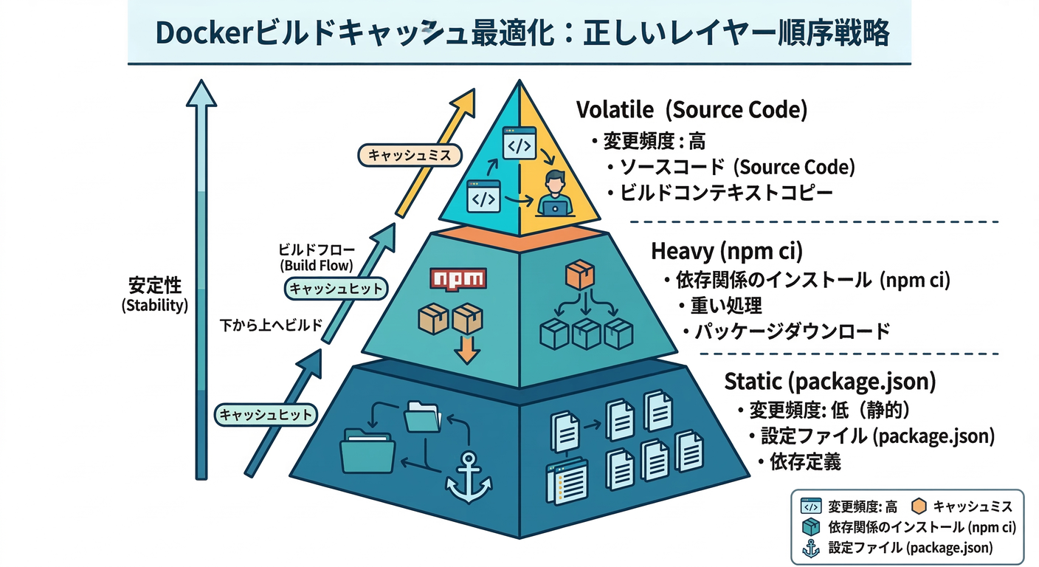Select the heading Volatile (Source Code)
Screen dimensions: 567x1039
pos(691,110)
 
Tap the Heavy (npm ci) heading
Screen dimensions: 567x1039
pos(726,251)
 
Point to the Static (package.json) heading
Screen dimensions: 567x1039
pos(830,381)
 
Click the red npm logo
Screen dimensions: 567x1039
pos(458,279)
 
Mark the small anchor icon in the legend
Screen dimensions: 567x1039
pos(810,548)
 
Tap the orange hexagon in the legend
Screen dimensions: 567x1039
pos(919,506)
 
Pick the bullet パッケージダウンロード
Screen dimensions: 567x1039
pos(793,331)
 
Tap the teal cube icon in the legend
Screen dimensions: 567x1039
pos(810,527)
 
